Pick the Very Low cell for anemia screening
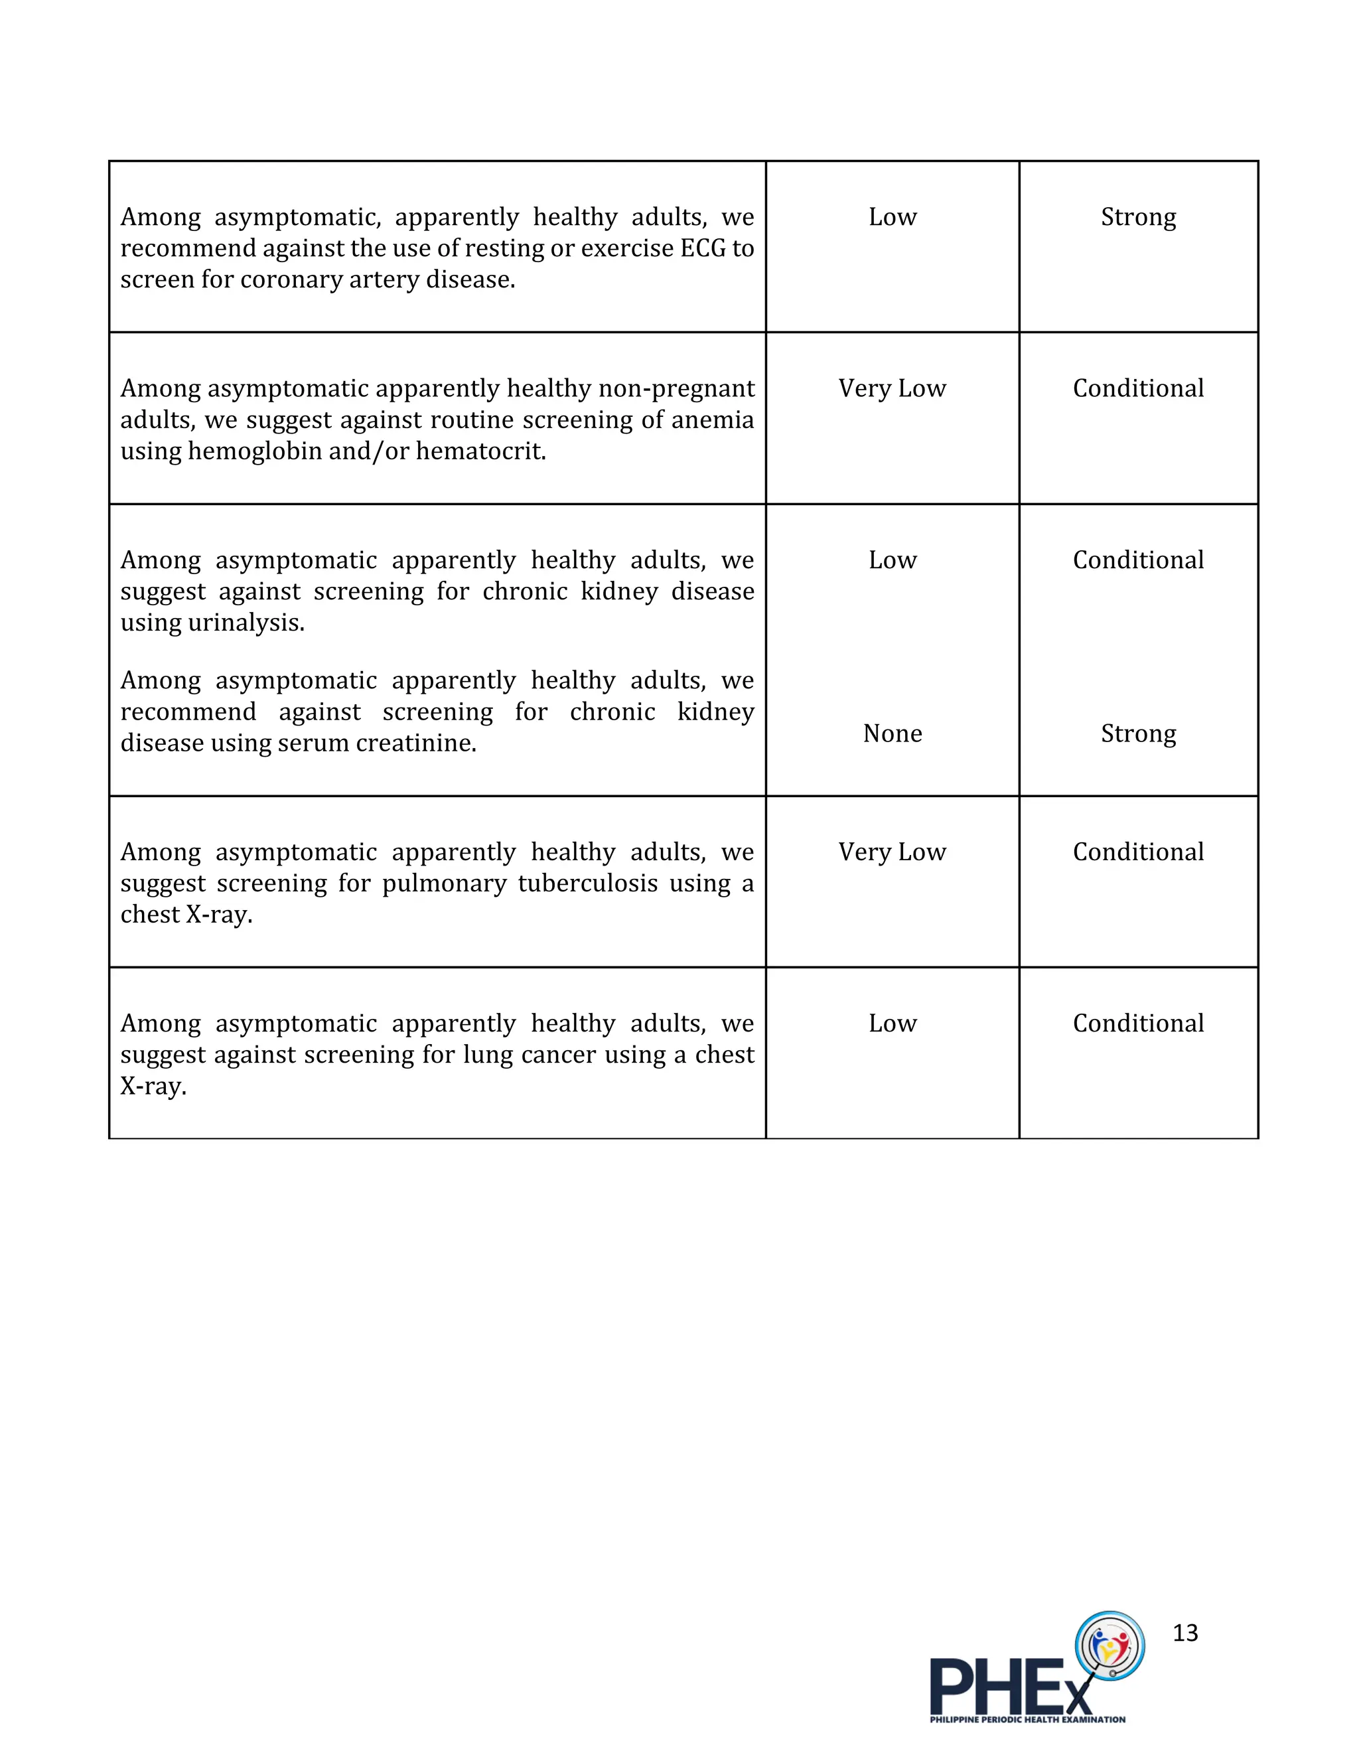892,388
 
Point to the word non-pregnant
676,388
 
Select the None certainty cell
892,733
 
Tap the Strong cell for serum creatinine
1137,733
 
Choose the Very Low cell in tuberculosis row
892,852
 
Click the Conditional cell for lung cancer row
1137,1024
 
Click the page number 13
1185,1633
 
